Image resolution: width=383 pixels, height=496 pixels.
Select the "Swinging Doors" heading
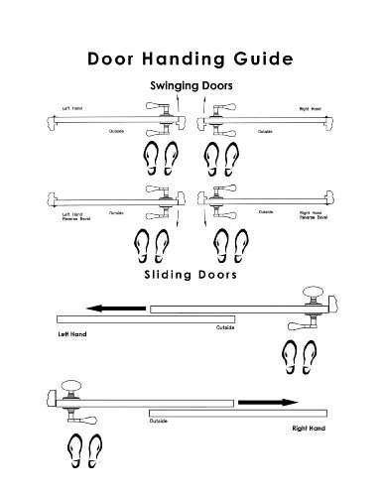(x=191, y=86)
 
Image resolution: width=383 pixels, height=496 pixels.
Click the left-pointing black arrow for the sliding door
(x=114, y=308)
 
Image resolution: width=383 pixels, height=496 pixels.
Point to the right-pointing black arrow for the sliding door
(x=268, y=402)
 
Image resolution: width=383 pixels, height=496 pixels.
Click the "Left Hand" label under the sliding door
(x=72, y=334)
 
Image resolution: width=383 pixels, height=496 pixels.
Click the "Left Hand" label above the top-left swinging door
(x=72, y=108)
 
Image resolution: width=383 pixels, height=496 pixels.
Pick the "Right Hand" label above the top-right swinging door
(x=311, y=108)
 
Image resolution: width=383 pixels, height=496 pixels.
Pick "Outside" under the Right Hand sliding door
(x=159, y=422)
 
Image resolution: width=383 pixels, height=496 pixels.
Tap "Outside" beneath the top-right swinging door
(x=265, y=131)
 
